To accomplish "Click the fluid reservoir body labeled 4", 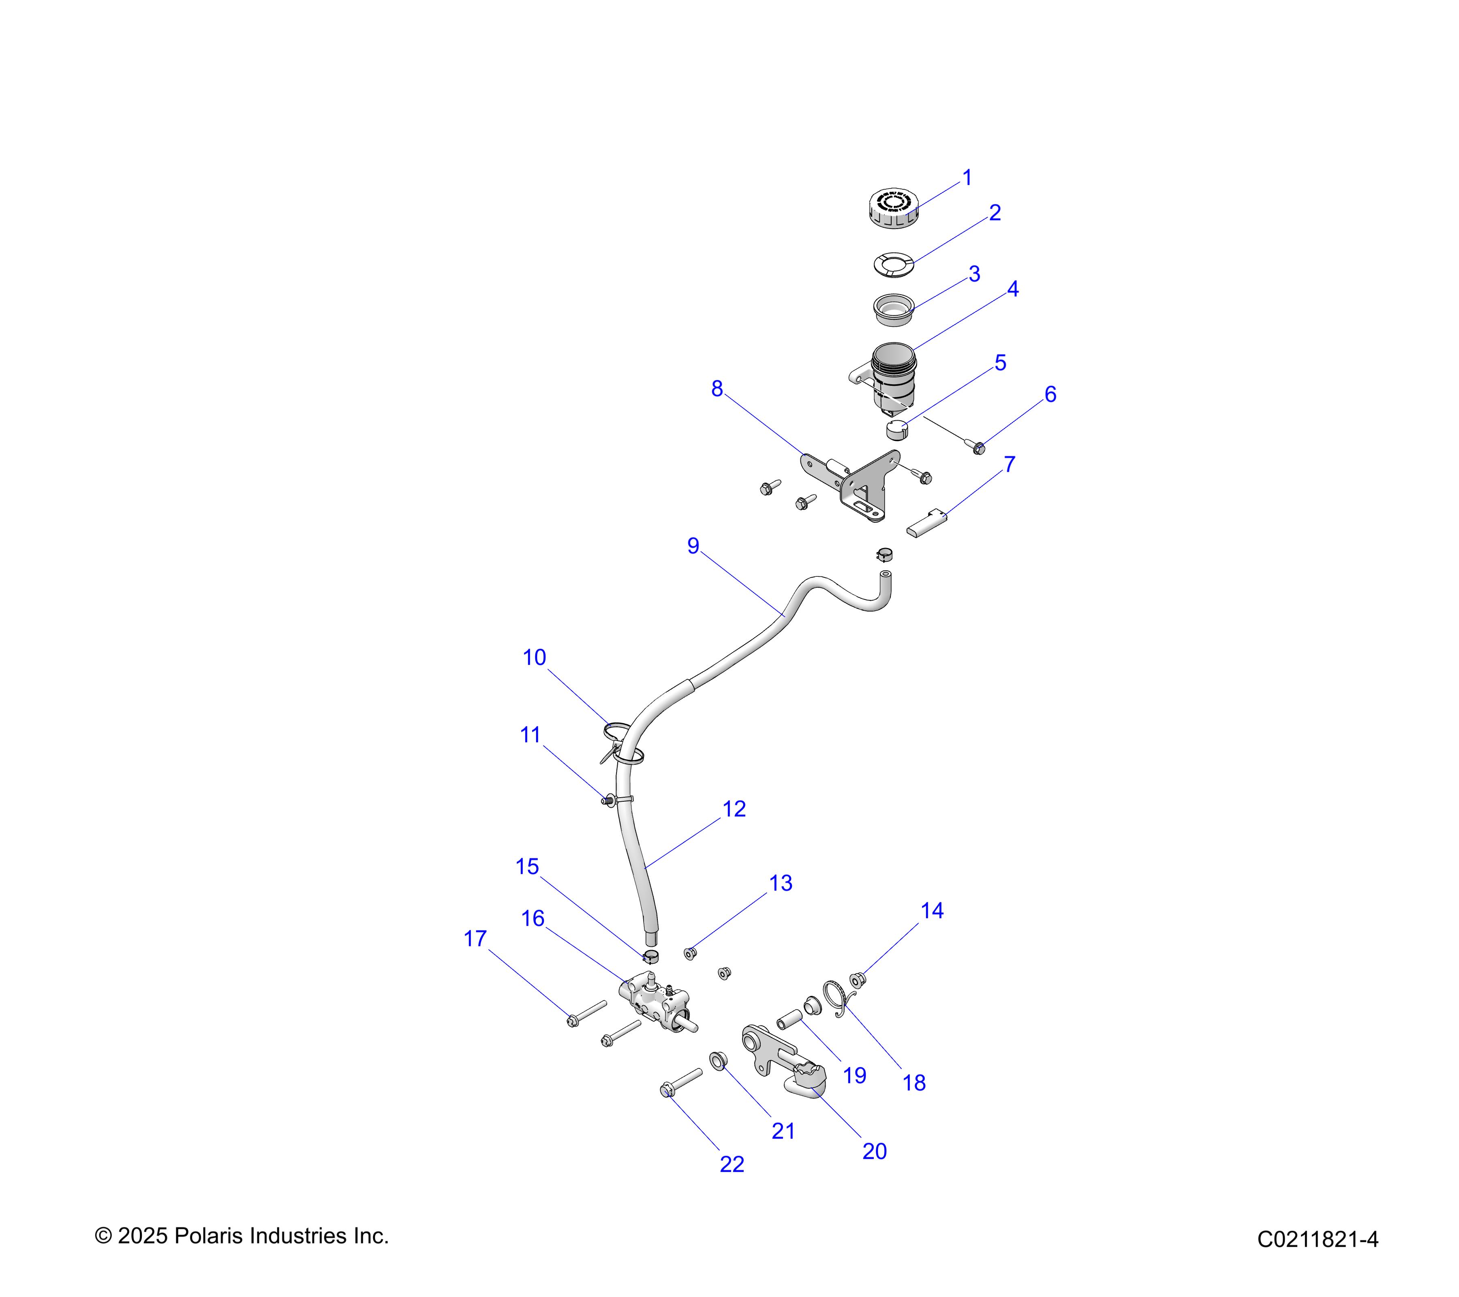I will (x=893, y=378).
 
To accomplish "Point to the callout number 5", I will (x=1000, y=363).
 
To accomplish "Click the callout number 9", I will (x=692, y=546).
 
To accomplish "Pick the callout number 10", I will (x=534, y=657).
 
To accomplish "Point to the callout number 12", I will (x=734, y=809).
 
